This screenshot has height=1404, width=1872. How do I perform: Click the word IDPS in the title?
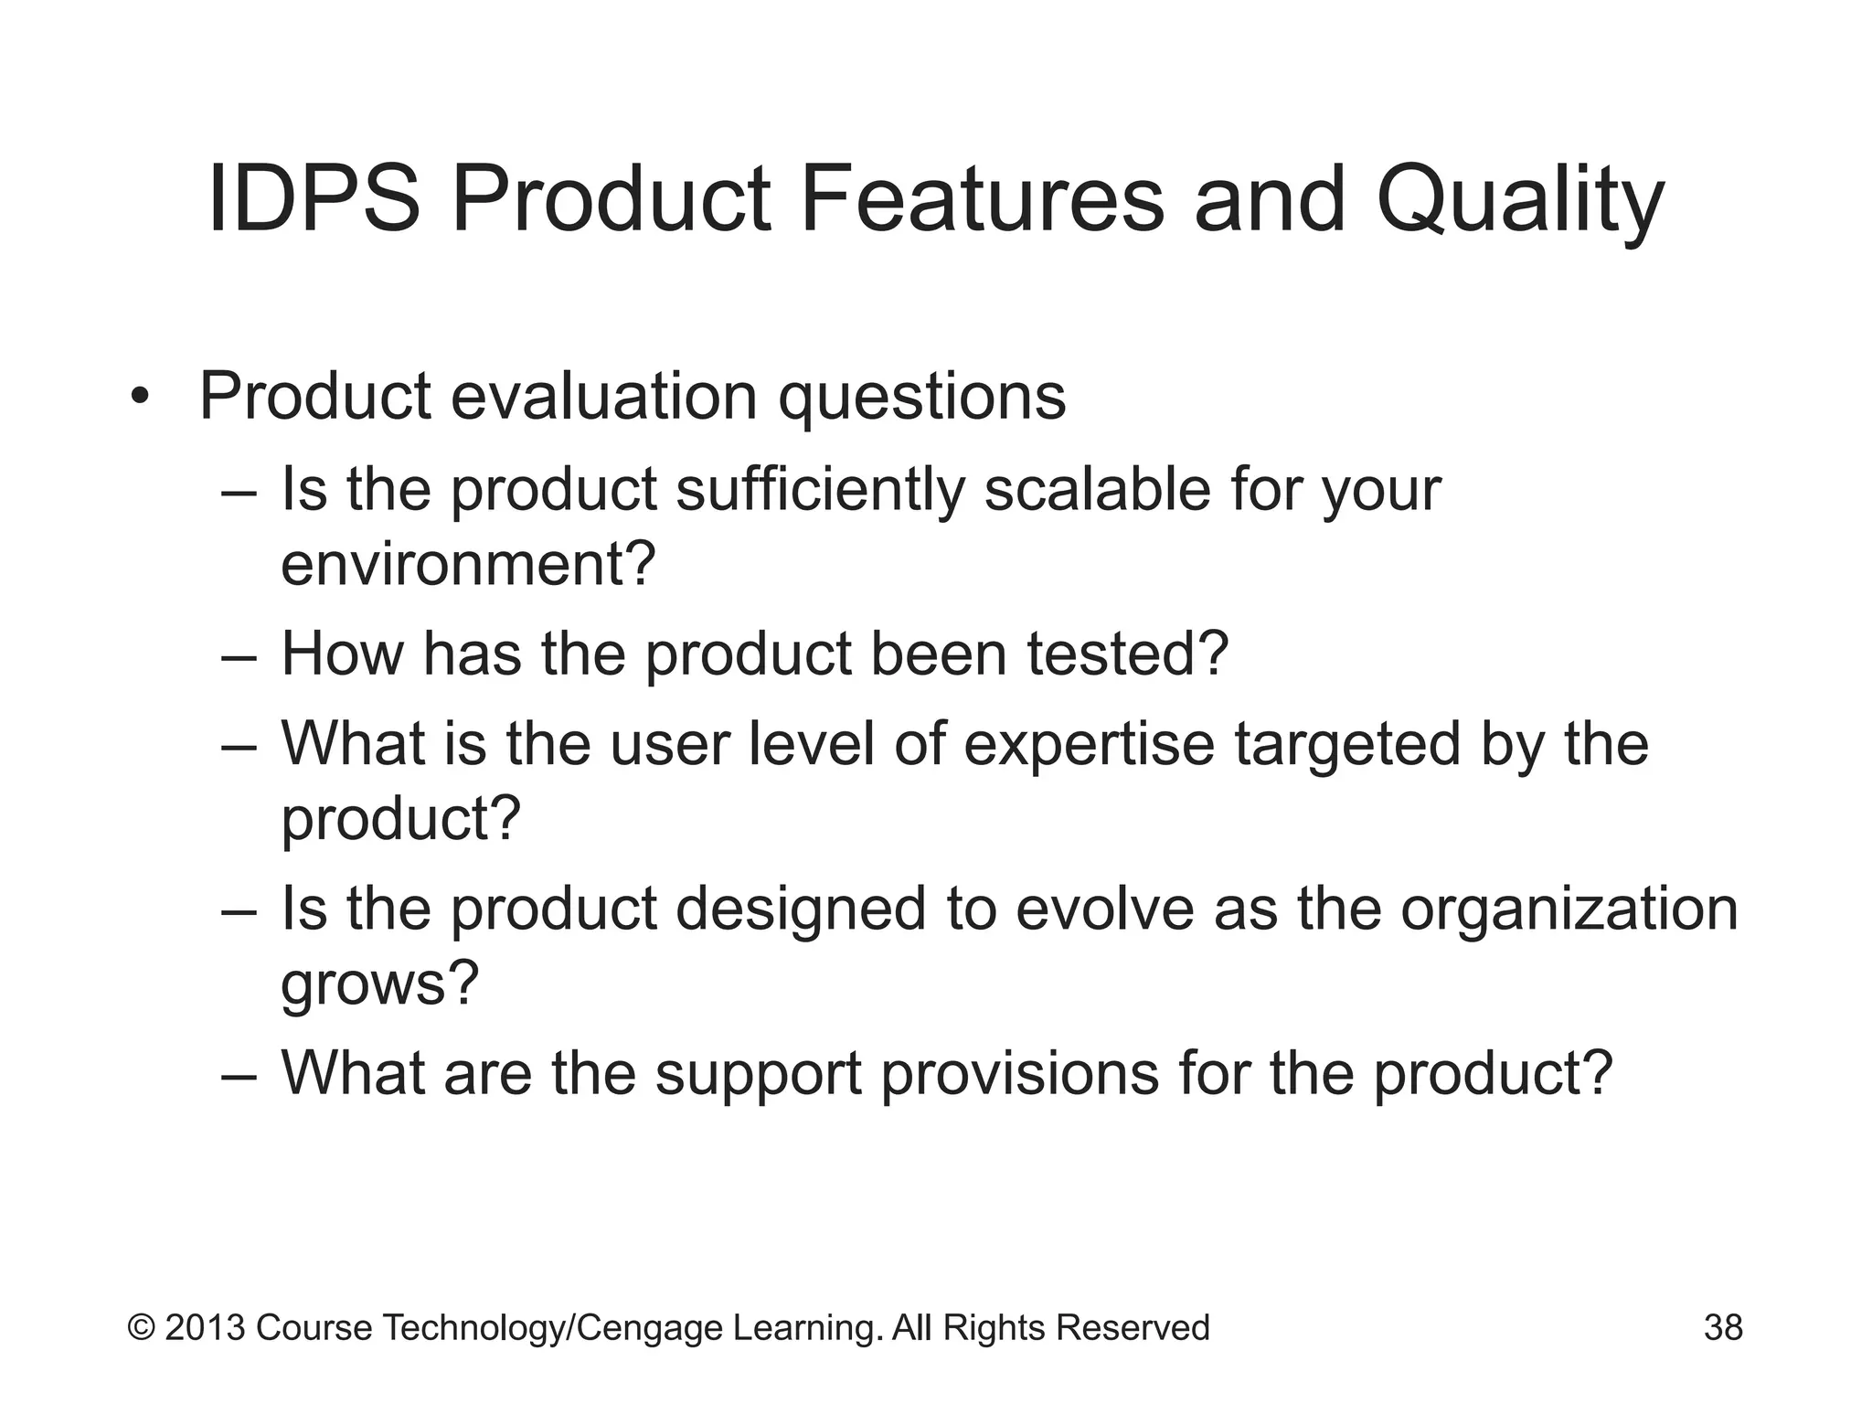314,199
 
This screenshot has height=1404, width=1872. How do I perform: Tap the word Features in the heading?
982,199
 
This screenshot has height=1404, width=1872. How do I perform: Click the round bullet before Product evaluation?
139,398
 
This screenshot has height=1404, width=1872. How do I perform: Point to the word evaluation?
604,398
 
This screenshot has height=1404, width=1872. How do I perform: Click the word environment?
468,564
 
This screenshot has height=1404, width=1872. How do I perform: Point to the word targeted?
1347,745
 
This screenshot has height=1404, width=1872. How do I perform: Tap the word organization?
1569,910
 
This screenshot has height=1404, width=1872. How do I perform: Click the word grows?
379,984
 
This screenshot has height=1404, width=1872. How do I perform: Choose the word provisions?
1019,1074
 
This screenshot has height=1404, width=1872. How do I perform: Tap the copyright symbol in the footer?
141,1327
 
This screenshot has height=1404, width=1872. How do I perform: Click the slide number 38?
1723,1327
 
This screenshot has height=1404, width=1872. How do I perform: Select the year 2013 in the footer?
205,1327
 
